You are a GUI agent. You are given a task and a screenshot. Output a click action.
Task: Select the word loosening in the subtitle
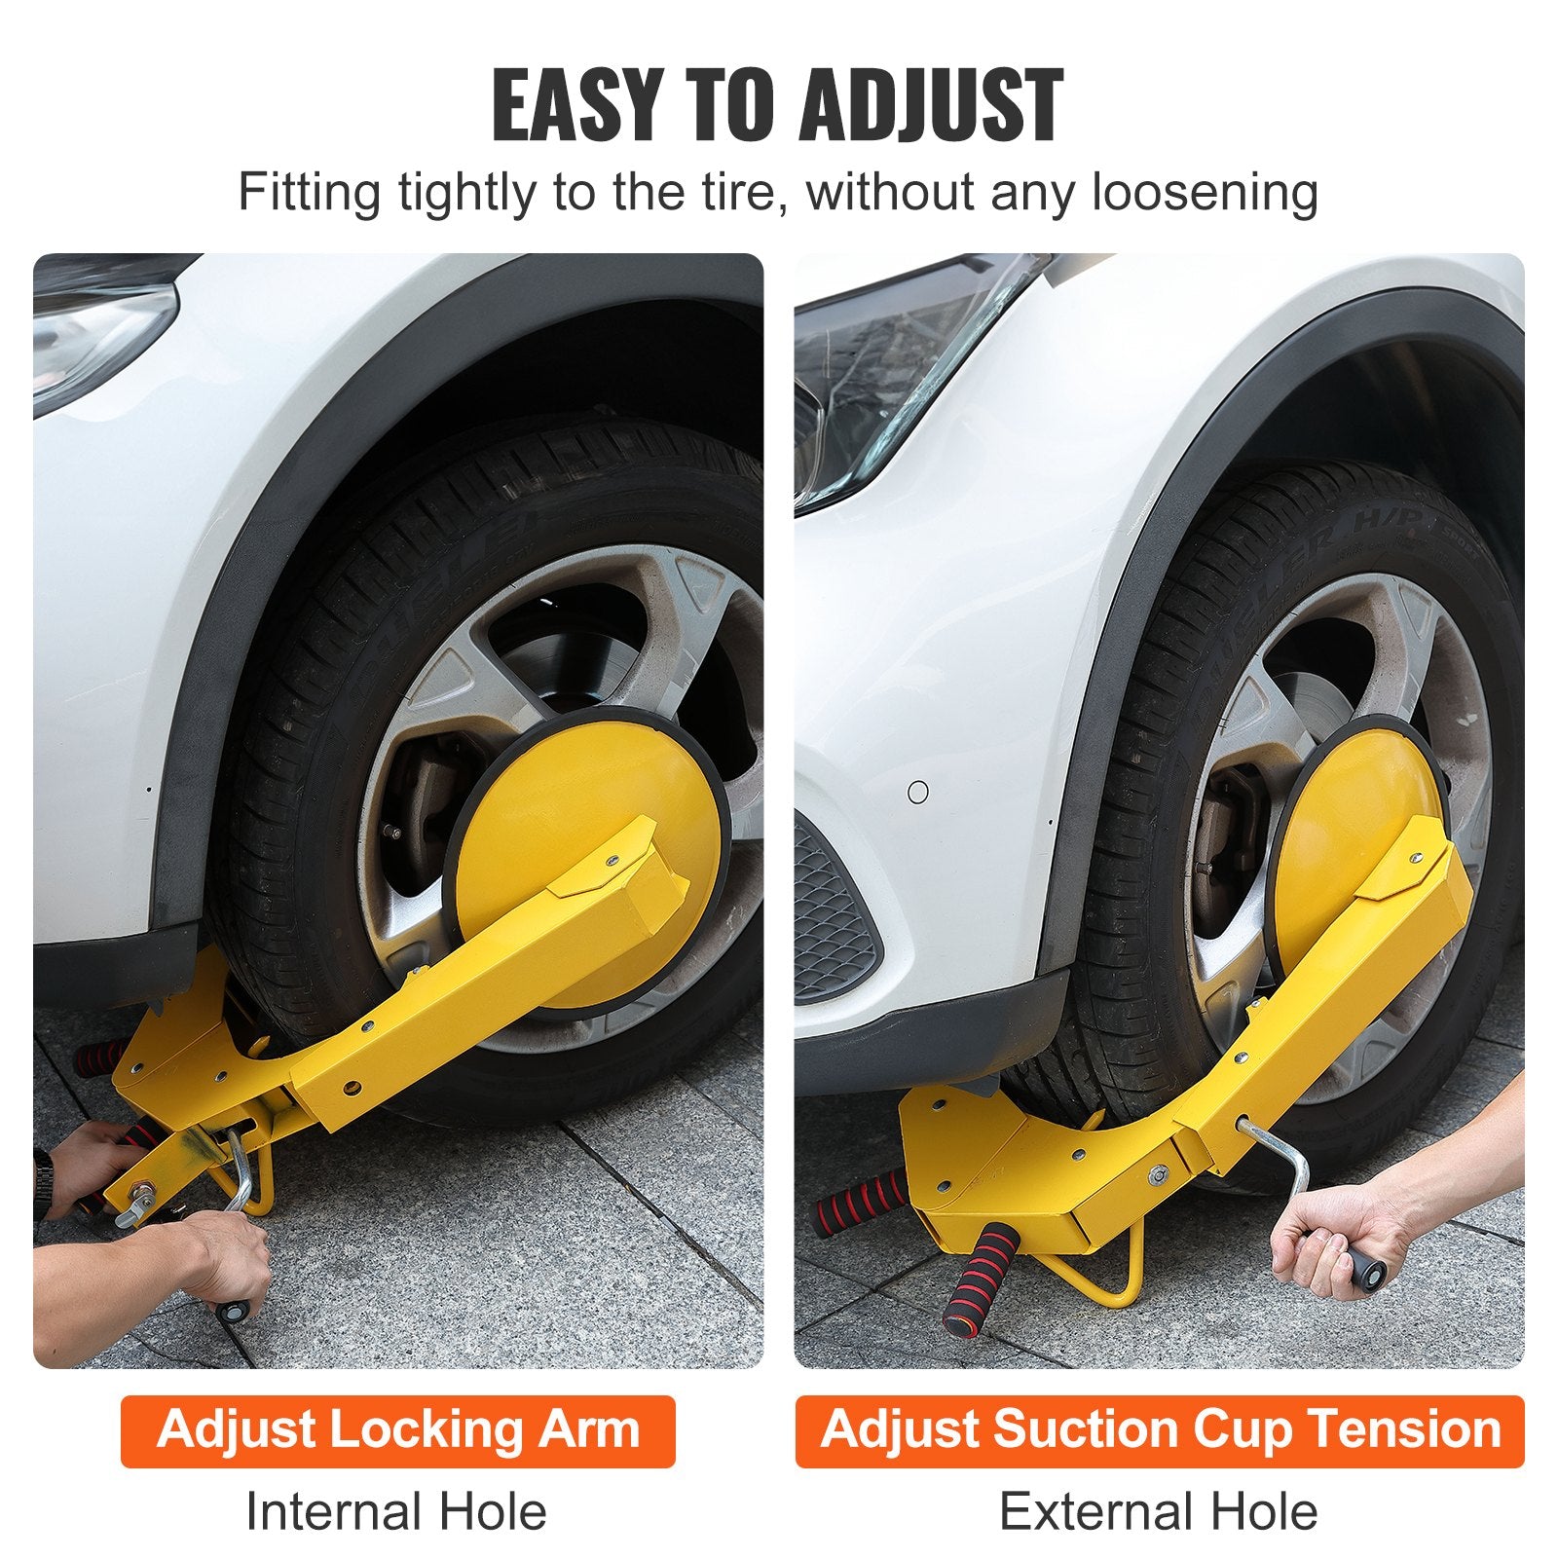click(1205, 192)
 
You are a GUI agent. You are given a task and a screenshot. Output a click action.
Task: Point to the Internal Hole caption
click(396, 1512)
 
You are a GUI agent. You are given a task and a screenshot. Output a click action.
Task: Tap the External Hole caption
click(1158, 1512)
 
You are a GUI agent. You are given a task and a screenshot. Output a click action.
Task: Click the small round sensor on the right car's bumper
click(917, 792)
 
